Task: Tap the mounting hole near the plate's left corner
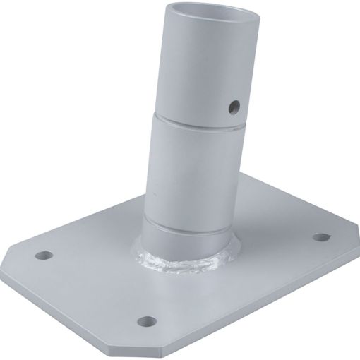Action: pyautogui.click(x=47, y=253)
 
